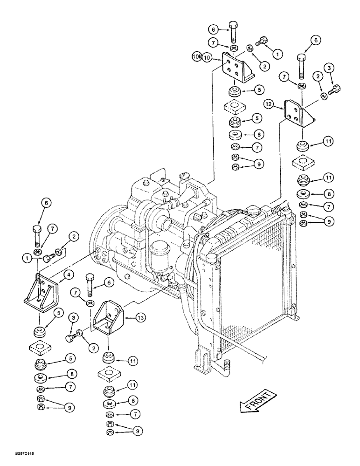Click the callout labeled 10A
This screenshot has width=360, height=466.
(x=196, y=57)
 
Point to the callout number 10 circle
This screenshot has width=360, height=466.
(x=208, y=57)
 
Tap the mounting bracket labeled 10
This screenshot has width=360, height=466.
(x=235, y=68)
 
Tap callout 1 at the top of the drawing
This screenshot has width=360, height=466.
(x=278, y=54)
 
